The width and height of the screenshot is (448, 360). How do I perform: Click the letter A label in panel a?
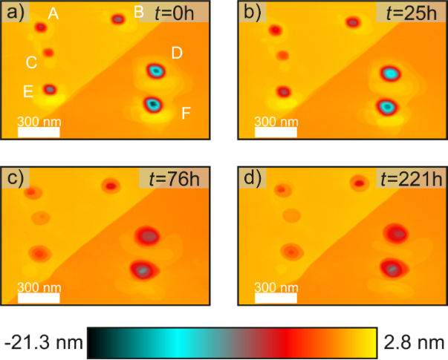click(53, 13)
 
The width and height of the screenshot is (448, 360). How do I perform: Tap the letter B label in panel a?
click(138, 11)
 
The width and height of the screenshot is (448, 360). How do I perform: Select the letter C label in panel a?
click(31, 62)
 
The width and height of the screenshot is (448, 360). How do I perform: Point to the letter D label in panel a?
click(177, 53)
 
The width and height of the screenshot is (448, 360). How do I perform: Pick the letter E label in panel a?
click(27, 91)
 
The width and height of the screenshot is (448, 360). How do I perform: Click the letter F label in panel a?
click(186, 113)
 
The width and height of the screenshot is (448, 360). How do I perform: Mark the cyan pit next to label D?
click(155, 71)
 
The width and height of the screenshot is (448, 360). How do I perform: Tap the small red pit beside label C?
click(48, 53)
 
